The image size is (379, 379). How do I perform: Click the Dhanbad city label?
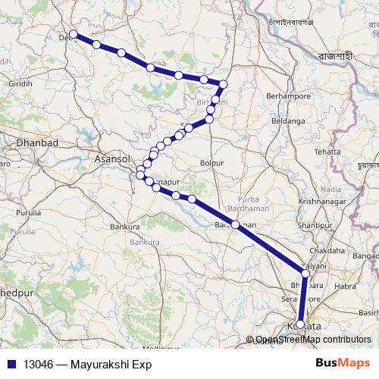pyautogui.click(x=37, y=143)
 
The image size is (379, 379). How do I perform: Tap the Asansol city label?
pyautogui.click(x=111, y=160)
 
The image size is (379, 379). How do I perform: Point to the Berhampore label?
pyautogui.click(x=289, y=97)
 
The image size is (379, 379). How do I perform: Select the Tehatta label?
pyautogui.click(x=327, y=152)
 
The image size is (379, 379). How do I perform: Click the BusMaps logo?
pyautogui.click(x=343, y=364)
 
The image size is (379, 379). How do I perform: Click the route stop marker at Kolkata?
pyautogui.click(x=300, y=324)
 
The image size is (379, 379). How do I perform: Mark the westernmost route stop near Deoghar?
pyautogui.click(x=74, y=35)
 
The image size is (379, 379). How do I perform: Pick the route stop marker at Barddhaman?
pyautogui.click(x=236, y=224)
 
